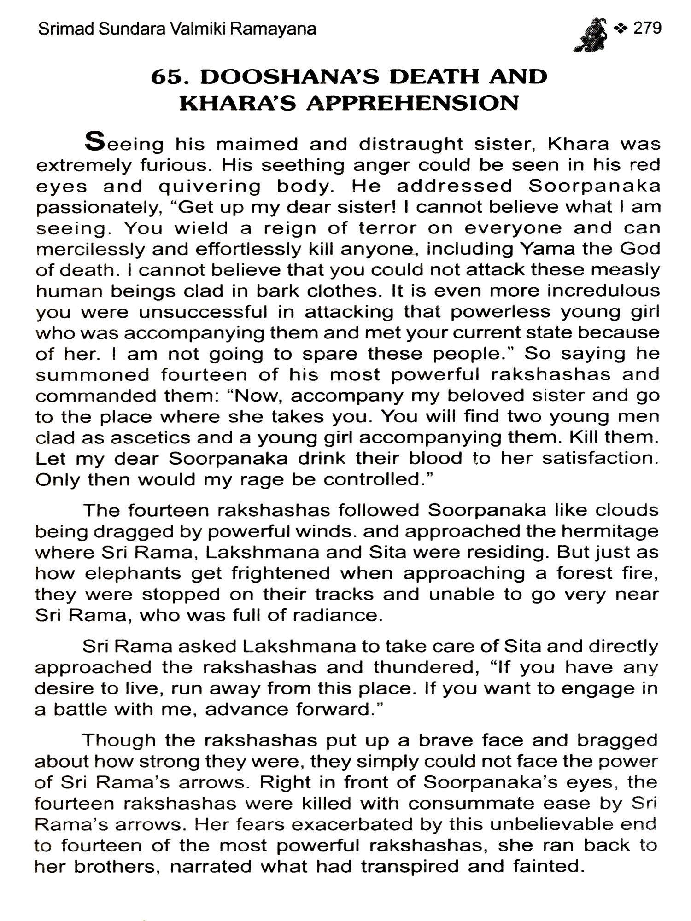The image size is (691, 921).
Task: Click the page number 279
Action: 647,29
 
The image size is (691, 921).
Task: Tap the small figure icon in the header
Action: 591,35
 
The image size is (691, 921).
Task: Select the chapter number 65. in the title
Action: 170,76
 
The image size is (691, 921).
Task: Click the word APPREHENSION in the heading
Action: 412,103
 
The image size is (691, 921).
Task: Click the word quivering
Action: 210,187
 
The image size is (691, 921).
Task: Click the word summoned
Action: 92,375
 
